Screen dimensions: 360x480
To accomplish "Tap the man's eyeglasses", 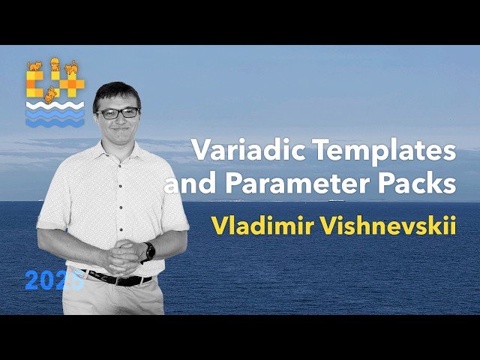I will coord(118,113).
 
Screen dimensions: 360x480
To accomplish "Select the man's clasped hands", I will coord(120,256).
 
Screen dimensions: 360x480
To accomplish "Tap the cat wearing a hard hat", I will coord(55,64).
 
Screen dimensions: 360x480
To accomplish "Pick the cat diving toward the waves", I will coord(50,95).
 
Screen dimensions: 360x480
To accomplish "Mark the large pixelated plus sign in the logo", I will coord(71,84).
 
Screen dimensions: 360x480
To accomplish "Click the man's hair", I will coord(116,94).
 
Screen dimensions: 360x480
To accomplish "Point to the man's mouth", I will coord(119,133).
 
